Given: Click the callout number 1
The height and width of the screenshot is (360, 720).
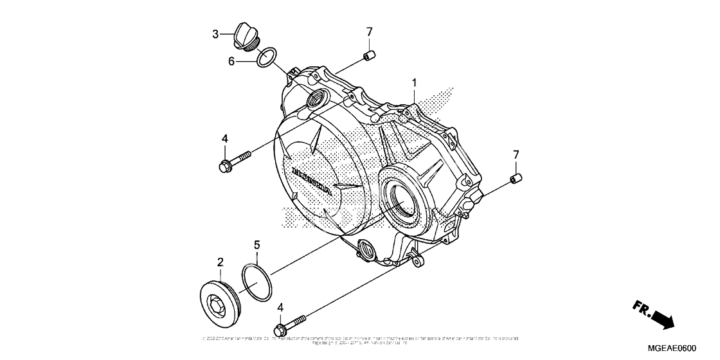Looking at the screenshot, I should pyautogui.click(x=415, y=83).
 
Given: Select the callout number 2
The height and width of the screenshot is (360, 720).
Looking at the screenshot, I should pyautogui.click(x=220, y=262).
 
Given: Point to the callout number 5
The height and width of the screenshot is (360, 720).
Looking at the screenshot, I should pyautogui.click(x=256, y=245).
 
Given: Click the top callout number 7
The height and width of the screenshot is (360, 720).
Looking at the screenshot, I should pyautogui.click(x=370, y=32).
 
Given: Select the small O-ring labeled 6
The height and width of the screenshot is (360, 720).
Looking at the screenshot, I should pyautogui.click(x=267, y=57).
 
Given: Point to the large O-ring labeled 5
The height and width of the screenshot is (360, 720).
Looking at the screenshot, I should pyautogui.click(x=257, y=282).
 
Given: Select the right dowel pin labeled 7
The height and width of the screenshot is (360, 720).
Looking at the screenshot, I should pyautogui.click(x=514, y=178).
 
